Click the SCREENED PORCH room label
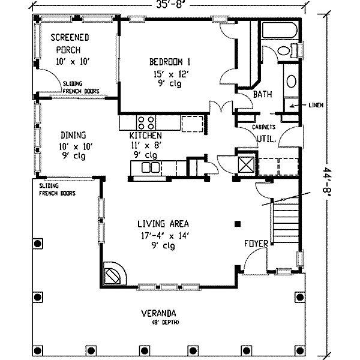[70, 44]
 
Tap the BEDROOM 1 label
[170, 62]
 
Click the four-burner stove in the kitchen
[146, 123]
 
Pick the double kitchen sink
[151, 167]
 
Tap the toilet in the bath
[287, 51]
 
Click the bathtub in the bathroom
[280, 30]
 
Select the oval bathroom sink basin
[292, 81]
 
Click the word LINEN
[316, 105]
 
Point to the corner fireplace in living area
[115, 274]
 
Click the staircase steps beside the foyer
[286, 220]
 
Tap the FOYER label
[256, 244]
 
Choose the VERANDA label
[158, 313]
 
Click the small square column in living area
[238, 224]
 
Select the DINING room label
[73, 135]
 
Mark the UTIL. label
[266, 139]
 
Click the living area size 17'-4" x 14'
[164, 236]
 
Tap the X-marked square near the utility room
[246, 164]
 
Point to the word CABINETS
[264, 127]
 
